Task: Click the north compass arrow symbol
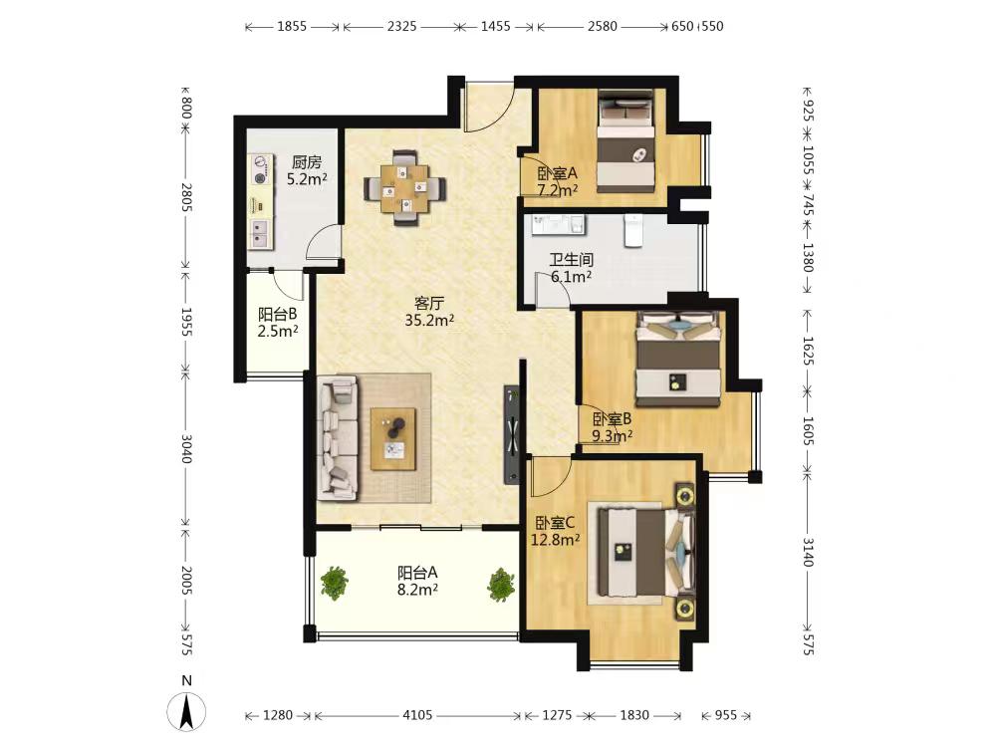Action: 186,710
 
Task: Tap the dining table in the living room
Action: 404,188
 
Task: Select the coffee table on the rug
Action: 393,439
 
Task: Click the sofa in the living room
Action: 338,437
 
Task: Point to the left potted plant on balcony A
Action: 334,584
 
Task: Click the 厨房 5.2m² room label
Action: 307,171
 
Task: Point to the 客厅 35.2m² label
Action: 429,312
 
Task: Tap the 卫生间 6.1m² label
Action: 571,268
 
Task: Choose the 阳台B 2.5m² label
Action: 278,323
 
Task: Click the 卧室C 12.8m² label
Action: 555,531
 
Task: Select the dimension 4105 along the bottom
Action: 417,716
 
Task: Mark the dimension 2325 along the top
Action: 402,27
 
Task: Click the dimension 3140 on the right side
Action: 808,552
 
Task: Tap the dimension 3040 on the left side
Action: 186,448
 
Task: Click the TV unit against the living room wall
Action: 512,435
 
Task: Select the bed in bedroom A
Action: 626,141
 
